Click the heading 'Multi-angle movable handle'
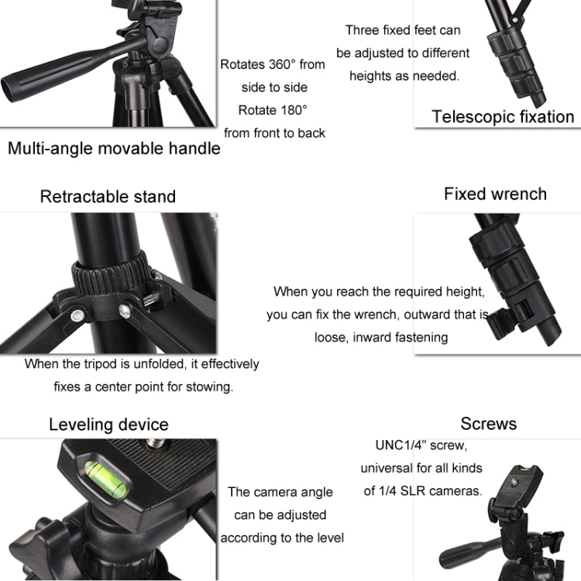114,149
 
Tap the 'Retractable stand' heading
108,197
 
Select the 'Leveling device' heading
108,425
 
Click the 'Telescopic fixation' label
503,117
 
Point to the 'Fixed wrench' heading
495,194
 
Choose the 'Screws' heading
488,424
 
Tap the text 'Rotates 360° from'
273,65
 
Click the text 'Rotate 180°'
273,110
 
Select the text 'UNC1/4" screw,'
421,445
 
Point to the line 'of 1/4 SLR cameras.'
423,490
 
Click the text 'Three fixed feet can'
403,30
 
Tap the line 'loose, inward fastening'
381,337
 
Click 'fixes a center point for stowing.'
143,386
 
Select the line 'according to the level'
282,538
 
